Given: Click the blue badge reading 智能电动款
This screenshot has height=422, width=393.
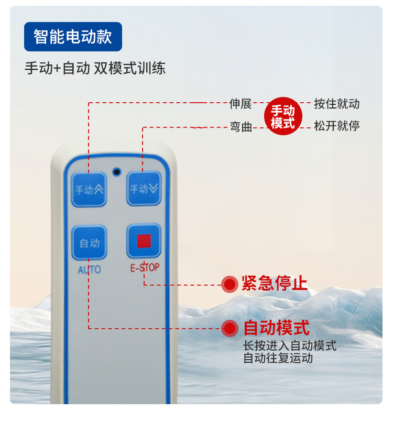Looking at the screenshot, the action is (x=73, y=37).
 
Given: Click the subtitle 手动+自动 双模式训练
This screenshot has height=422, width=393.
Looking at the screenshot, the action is (x=95, y=69).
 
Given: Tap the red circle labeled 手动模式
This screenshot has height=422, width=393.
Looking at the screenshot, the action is (x=282, y=117).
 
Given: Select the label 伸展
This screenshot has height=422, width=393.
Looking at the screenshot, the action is (x=241, y=103).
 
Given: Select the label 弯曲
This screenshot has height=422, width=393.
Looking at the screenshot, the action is (x=241, y=126).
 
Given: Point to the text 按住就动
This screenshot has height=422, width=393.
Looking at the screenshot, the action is (x=336, y=103).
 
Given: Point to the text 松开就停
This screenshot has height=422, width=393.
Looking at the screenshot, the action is (x=336, y=126).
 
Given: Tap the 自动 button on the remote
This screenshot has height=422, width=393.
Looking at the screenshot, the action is (x=89, y=243).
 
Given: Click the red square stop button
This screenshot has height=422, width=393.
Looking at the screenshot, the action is (x=144, y=241).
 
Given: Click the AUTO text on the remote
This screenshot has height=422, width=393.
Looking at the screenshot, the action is (x=89, y=270).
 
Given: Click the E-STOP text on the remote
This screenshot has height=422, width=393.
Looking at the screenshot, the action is (x=145, y=268).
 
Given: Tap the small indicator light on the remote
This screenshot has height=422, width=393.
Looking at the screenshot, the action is (x=116, y=171).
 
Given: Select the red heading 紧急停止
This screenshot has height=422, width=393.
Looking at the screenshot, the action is (x=274, y=284).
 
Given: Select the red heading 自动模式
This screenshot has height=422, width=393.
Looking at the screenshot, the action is (x=276, y=328).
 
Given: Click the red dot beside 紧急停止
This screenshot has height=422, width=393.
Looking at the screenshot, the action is (x=230, y=284).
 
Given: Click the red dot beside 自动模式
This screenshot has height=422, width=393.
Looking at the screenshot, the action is (x=230, y=329).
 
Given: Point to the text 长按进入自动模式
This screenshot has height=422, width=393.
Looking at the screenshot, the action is (x=290, y=346).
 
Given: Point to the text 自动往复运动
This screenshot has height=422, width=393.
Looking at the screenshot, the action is (x=278, y=359).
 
